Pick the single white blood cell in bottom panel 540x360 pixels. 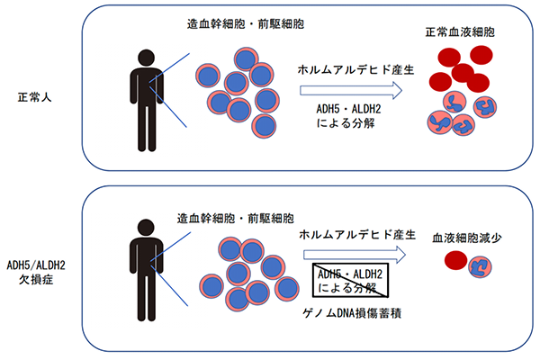[x=482, y=265]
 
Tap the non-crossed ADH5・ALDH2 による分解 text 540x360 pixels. [x=352, y=116]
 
